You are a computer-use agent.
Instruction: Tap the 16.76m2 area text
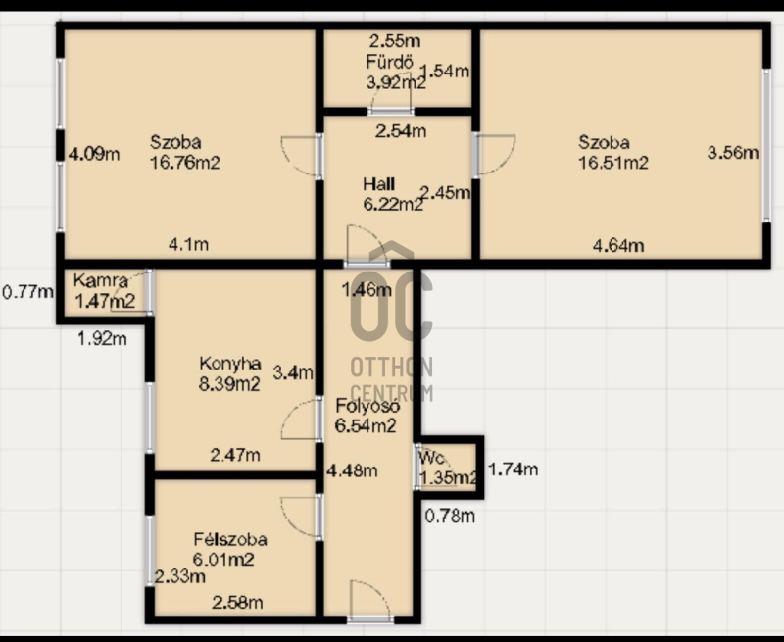tap(185, 163)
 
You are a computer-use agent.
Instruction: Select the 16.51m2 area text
tap(613, 163)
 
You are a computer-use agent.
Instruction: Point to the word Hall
tap(379, 184)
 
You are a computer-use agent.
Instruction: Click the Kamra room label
tap(101, 280)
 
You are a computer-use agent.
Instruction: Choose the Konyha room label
tap(230, 363)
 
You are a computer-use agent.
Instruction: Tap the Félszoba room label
tap(230, 539)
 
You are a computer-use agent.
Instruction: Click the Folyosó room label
tap(367, 406)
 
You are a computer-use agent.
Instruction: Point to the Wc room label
tap(431, 457)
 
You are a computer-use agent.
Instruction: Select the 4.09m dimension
tap(94, 154)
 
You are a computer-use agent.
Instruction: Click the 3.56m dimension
tap(733, 152)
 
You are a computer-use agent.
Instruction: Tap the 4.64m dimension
tap(618, 245)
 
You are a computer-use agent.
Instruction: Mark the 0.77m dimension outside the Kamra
tap(28, 291)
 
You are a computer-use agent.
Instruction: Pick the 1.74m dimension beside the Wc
tap(513, 469)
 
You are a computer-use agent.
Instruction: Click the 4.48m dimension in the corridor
tap(352, 470)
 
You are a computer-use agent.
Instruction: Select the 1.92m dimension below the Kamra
tap(102, 338)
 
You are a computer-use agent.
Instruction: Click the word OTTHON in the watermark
tap(391, 367)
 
